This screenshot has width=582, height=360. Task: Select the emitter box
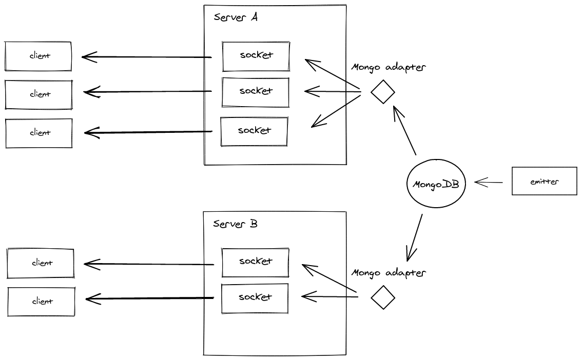point(544,181)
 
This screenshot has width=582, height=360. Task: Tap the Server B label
point(235,224)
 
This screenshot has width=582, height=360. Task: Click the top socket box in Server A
point(256,55)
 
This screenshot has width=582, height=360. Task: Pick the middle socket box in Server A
point(256,91)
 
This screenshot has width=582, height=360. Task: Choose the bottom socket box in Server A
point(254,131)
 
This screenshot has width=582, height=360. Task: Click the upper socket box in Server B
point(255,262)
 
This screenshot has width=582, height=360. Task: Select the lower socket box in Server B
point(255,297)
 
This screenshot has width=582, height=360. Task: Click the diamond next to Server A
point(383,92)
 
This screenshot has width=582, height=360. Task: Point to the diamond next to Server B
point(383,297)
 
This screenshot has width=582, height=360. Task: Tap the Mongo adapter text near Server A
point(389,67)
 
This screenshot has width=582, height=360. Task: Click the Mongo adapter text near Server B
point(389,272)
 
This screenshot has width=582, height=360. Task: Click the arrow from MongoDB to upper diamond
point(404,130)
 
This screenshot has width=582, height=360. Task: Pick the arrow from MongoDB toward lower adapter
point(415,237)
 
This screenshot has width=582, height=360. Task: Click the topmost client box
point(38,55)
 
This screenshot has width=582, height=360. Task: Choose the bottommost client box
point(41,302)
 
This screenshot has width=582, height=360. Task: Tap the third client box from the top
point(39,133)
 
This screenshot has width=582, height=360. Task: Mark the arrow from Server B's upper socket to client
point(149,264)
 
